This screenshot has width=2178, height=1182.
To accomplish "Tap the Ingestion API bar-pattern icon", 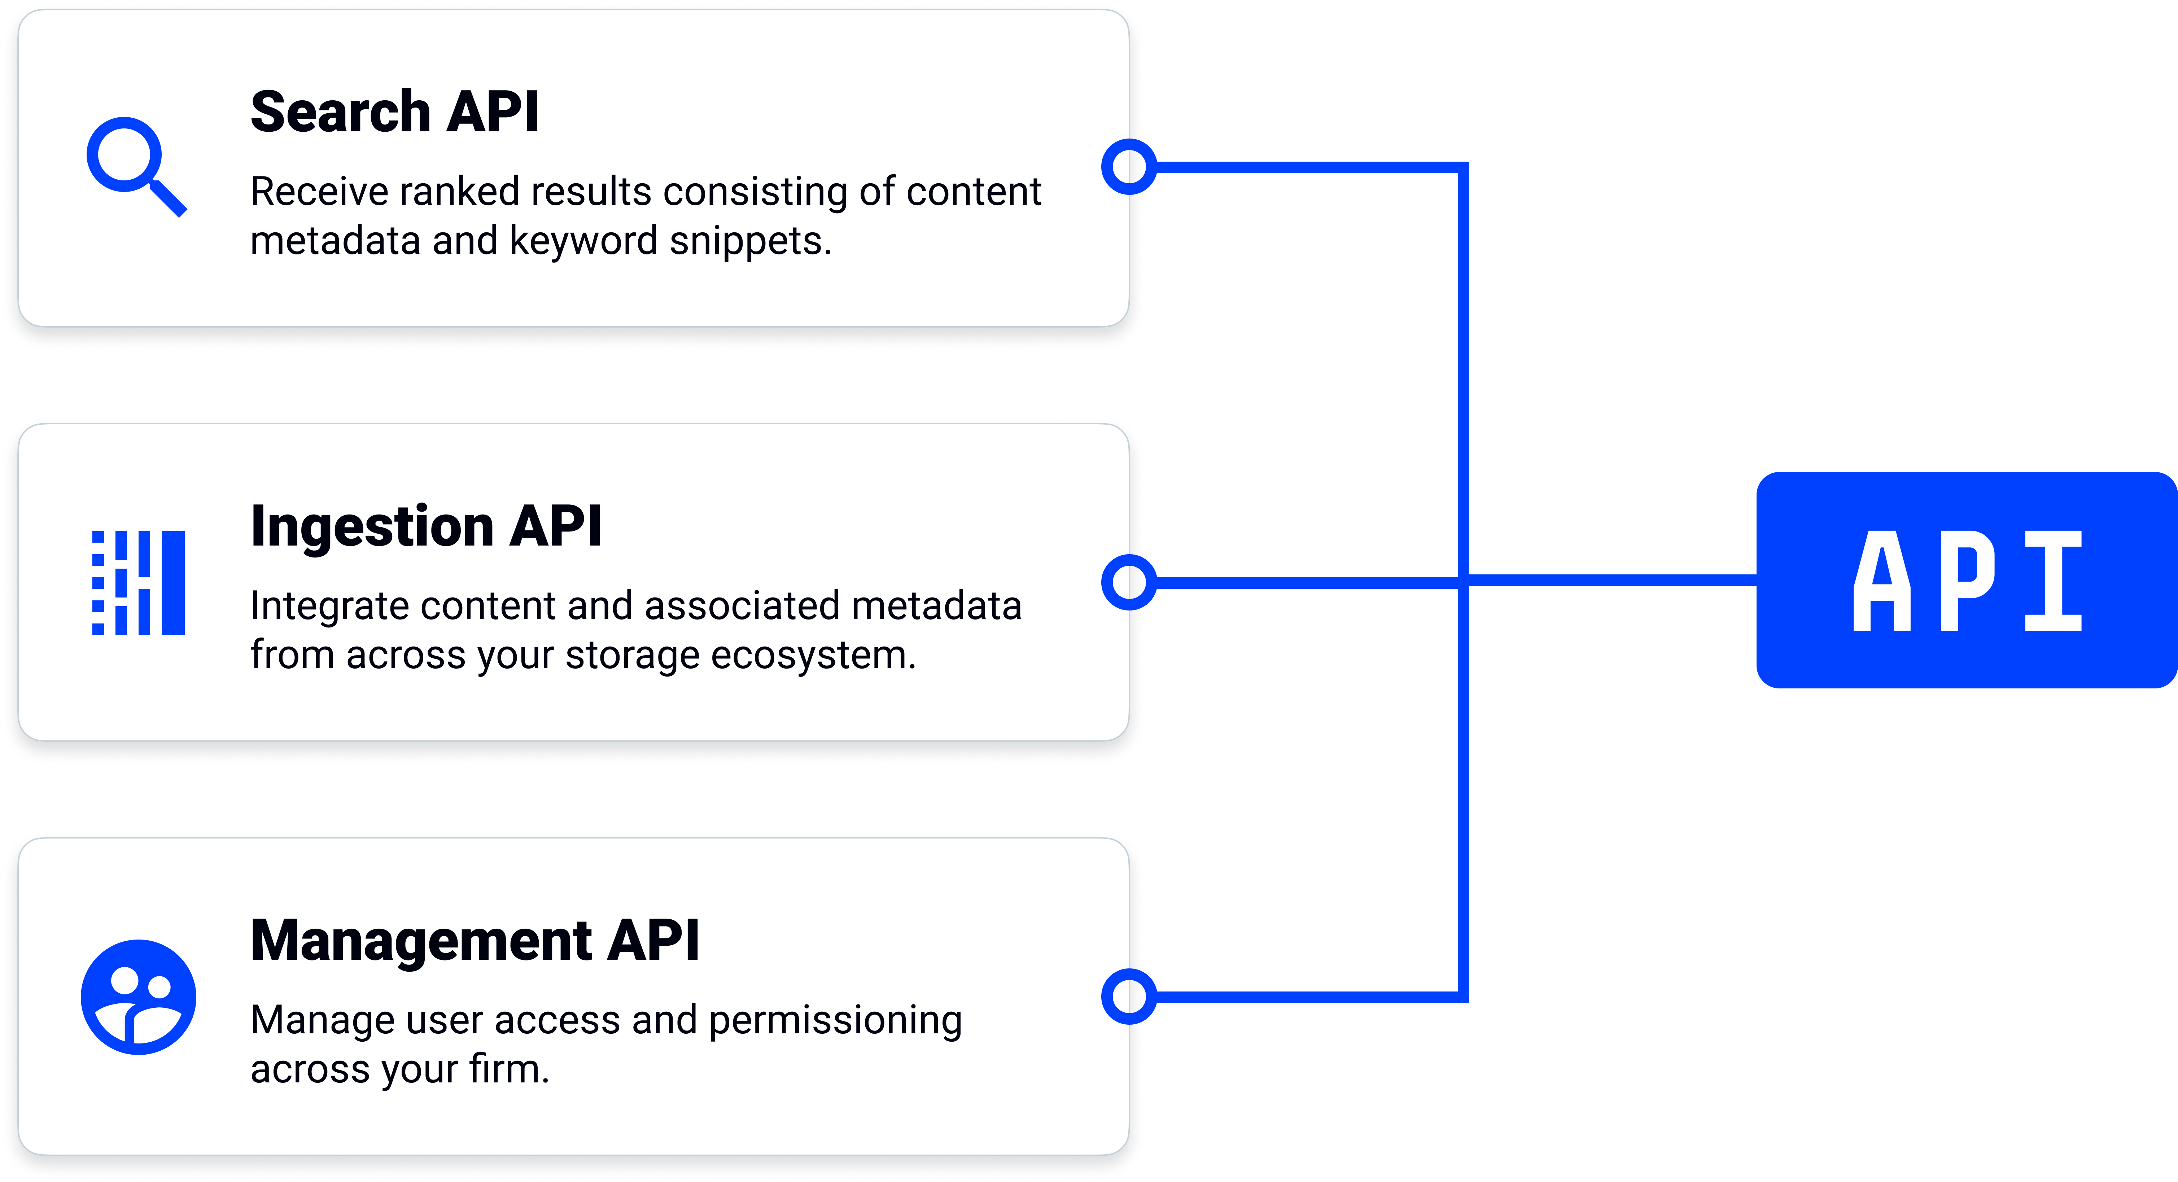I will point(138,583).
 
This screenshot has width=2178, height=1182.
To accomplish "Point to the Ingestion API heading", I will point(425,526).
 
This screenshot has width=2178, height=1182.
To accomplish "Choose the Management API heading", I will point(474,940).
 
